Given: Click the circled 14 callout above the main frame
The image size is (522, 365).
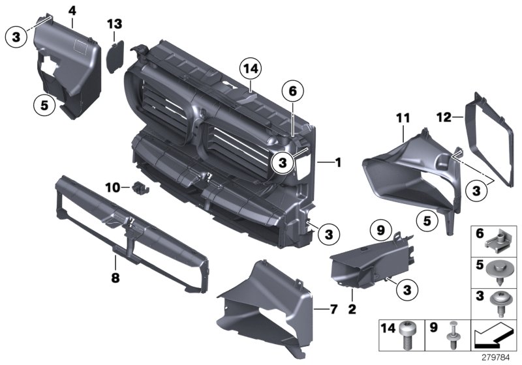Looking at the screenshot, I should tap(250, 67).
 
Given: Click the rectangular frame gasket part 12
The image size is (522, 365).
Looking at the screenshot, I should tap(490, 140).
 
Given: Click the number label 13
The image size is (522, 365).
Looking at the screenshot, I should tap(115, 24).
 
